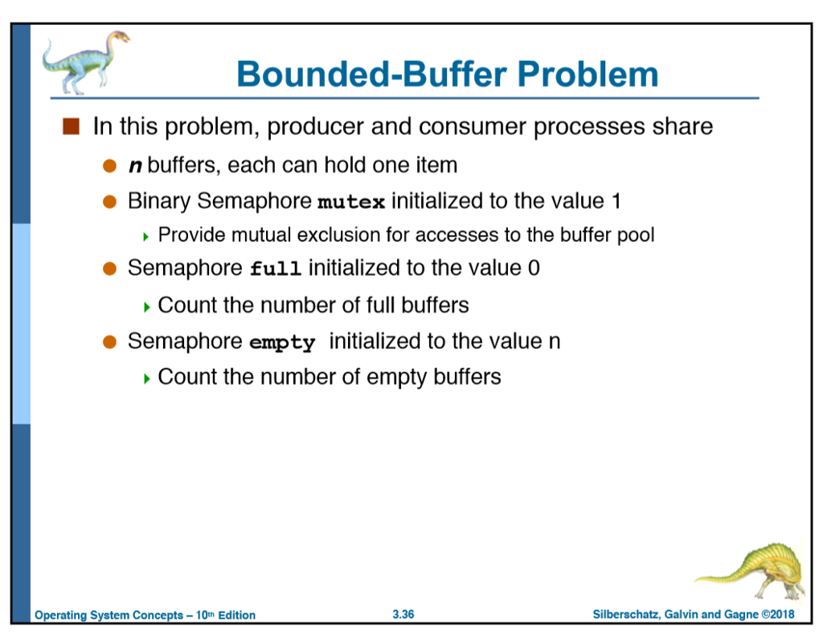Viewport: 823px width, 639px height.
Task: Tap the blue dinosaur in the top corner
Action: (x=83, y=60)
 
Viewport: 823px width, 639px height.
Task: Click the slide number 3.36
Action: (x=403, y=615)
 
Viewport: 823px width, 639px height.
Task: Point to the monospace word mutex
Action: (x=351, y=202)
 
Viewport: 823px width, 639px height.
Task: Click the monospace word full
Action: (x=275, y=269)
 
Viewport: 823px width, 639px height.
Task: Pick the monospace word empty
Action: (x=282, y=343)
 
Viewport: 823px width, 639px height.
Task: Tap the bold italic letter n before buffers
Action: (x=135, y=166)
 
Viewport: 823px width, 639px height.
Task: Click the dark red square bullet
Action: (x=72, y=126)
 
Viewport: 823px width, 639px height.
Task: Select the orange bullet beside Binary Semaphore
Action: (x=110, y=202)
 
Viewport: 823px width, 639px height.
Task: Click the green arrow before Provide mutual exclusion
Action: (x=145, y=236)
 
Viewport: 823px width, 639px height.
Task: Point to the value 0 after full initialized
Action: (x=534, y=268)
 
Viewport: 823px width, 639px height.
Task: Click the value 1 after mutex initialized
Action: (x=615, y=201)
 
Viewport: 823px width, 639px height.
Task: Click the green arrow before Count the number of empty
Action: (x=145, y=378)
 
